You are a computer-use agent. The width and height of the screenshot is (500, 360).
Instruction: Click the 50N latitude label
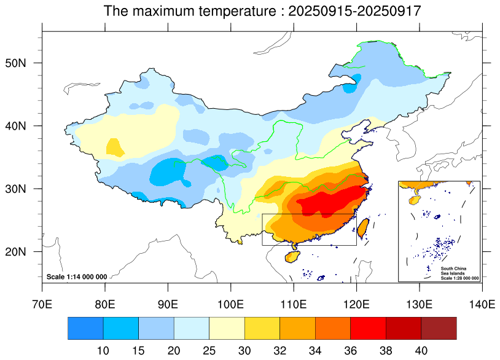pos(26,63)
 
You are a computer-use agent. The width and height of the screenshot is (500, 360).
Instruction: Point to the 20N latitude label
pos(26,252)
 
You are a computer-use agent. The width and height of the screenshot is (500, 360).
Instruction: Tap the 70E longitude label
pos(42,303)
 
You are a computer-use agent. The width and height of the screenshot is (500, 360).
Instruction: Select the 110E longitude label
pos(294,303)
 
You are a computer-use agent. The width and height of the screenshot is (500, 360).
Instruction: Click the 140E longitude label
pos(482,303)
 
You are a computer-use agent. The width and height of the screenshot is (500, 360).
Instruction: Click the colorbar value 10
pos(103,349)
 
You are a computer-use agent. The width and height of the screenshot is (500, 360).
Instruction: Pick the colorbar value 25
pos(209,349)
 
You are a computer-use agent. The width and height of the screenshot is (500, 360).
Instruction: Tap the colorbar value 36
pos(351,349)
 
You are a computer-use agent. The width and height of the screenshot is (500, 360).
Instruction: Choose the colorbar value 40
pos(421,349)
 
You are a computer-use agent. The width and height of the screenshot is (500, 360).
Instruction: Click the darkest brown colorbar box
pos(439,328)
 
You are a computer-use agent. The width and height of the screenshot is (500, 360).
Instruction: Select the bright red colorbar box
pos(368,328)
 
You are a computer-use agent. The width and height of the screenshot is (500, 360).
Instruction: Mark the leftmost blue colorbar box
pos(85,328)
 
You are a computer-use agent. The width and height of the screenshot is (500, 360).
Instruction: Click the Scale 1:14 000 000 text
pos(77,277)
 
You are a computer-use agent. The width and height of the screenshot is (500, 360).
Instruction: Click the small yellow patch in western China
pos(115,147)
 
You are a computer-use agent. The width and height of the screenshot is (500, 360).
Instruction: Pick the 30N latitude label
pos(26,189)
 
